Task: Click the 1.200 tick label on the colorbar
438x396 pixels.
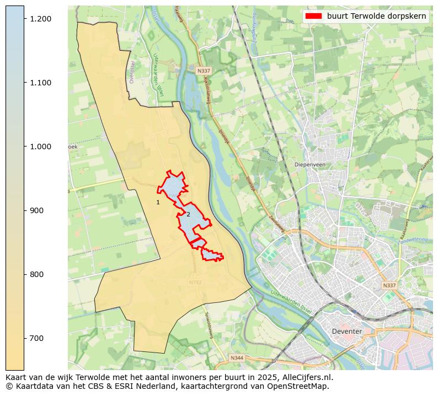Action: (41, 19)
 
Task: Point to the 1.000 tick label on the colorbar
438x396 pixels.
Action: (41, 147)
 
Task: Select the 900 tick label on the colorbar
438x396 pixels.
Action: (38, 210)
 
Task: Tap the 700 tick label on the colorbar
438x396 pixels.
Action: (38, 338)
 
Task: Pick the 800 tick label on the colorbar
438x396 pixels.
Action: (38, 274)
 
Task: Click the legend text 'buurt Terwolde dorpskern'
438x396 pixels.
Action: (376, 16)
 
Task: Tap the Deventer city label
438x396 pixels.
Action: (347, 332)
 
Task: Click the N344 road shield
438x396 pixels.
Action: (237, 358)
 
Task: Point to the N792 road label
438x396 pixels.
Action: (195, 283)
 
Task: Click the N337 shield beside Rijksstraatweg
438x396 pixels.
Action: (203, 71)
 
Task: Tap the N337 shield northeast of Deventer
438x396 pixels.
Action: (389, 286)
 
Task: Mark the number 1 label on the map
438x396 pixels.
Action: (158, 203)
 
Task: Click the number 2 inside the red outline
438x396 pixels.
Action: (188, 214)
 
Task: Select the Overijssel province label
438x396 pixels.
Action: (131, 72)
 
